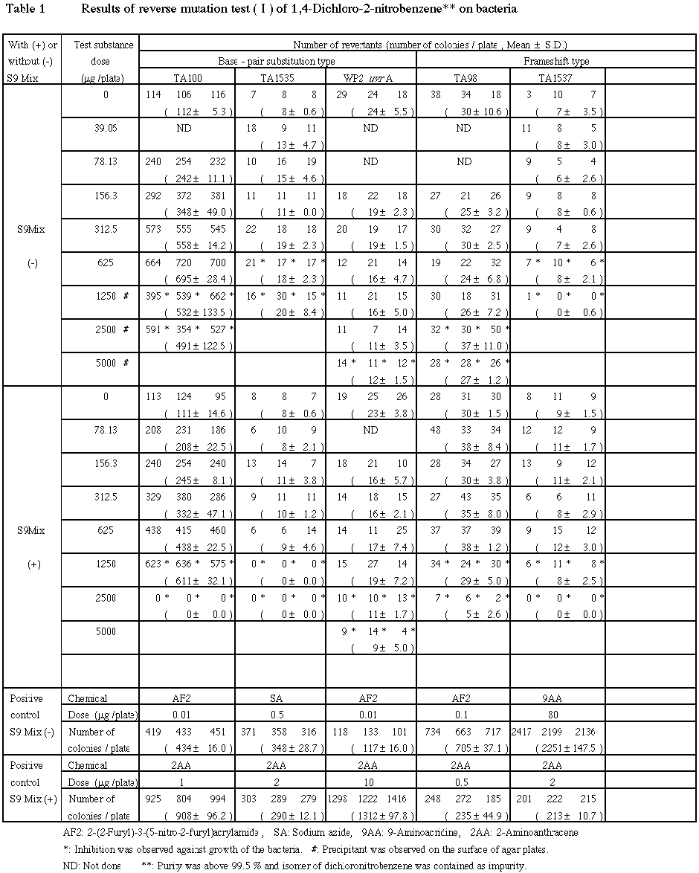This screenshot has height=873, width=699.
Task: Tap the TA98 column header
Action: pos(463,77)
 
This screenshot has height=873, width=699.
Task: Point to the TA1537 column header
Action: pos(556,77)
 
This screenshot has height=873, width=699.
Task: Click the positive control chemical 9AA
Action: pos(556,698)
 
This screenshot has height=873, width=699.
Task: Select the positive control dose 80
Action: pos(556,715)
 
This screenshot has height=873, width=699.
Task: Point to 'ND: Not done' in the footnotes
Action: pos(93,865)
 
